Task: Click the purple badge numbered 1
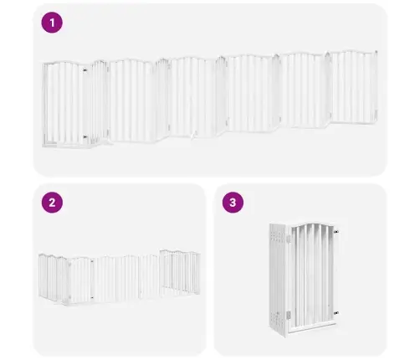point(52,23)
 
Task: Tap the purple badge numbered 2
point(52,203)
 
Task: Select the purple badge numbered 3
point(233,203)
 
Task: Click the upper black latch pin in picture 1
point(85,70)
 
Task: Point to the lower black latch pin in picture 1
point(85,137)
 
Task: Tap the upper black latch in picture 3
point(336,232)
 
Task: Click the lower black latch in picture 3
point(336,313)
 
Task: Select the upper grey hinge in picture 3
point(289,239)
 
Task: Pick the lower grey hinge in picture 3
point(289,316)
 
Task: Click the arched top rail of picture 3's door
point(312,224)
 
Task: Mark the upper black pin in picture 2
point(92,262)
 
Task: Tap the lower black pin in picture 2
point(92,297)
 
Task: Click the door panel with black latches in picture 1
point(64,104)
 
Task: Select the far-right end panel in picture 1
point(352,86)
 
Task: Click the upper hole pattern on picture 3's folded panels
point(278,235)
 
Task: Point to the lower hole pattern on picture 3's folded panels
point(278,317)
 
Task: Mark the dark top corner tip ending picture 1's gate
point(376,52)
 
